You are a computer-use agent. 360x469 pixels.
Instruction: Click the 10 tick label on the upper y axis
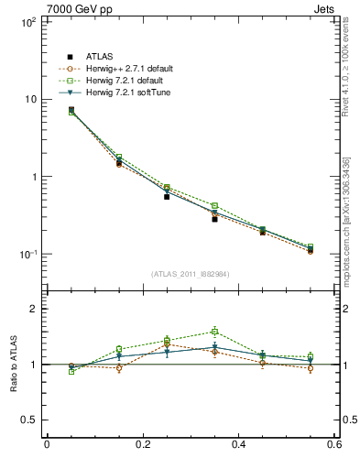pyautogui.click(x=29, y=99)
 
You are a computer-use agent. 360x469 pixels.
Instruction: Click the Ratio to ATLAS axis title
pyautogui.click(x=12, y=364)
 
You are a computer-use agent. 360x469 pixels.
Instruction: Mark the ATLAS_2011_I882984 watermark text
pyautogui.click(x=191, y=273)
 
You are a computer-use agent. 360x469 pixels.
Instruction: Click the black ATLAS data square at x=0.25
pyautogui.click(x=167, y=196)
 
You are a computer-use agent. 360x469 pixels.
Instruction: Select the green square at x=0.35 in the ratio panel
pyautogui.click(x=214, y=332)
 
